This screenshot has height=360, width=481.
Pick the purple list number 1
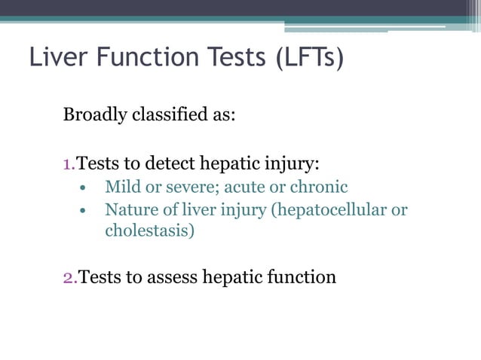[x=67, y=163]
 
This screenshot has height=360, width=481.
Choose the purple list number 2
[x=68, y=277]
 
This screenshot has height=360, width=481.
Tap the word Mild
[x=122, y=186]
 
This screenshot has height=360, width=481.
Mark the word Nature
[x=129, y=209]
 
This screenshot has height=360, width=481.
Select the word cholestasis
[x=149, y=230]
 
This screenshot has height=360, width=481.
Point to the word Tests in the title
[x=223, y=57]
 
